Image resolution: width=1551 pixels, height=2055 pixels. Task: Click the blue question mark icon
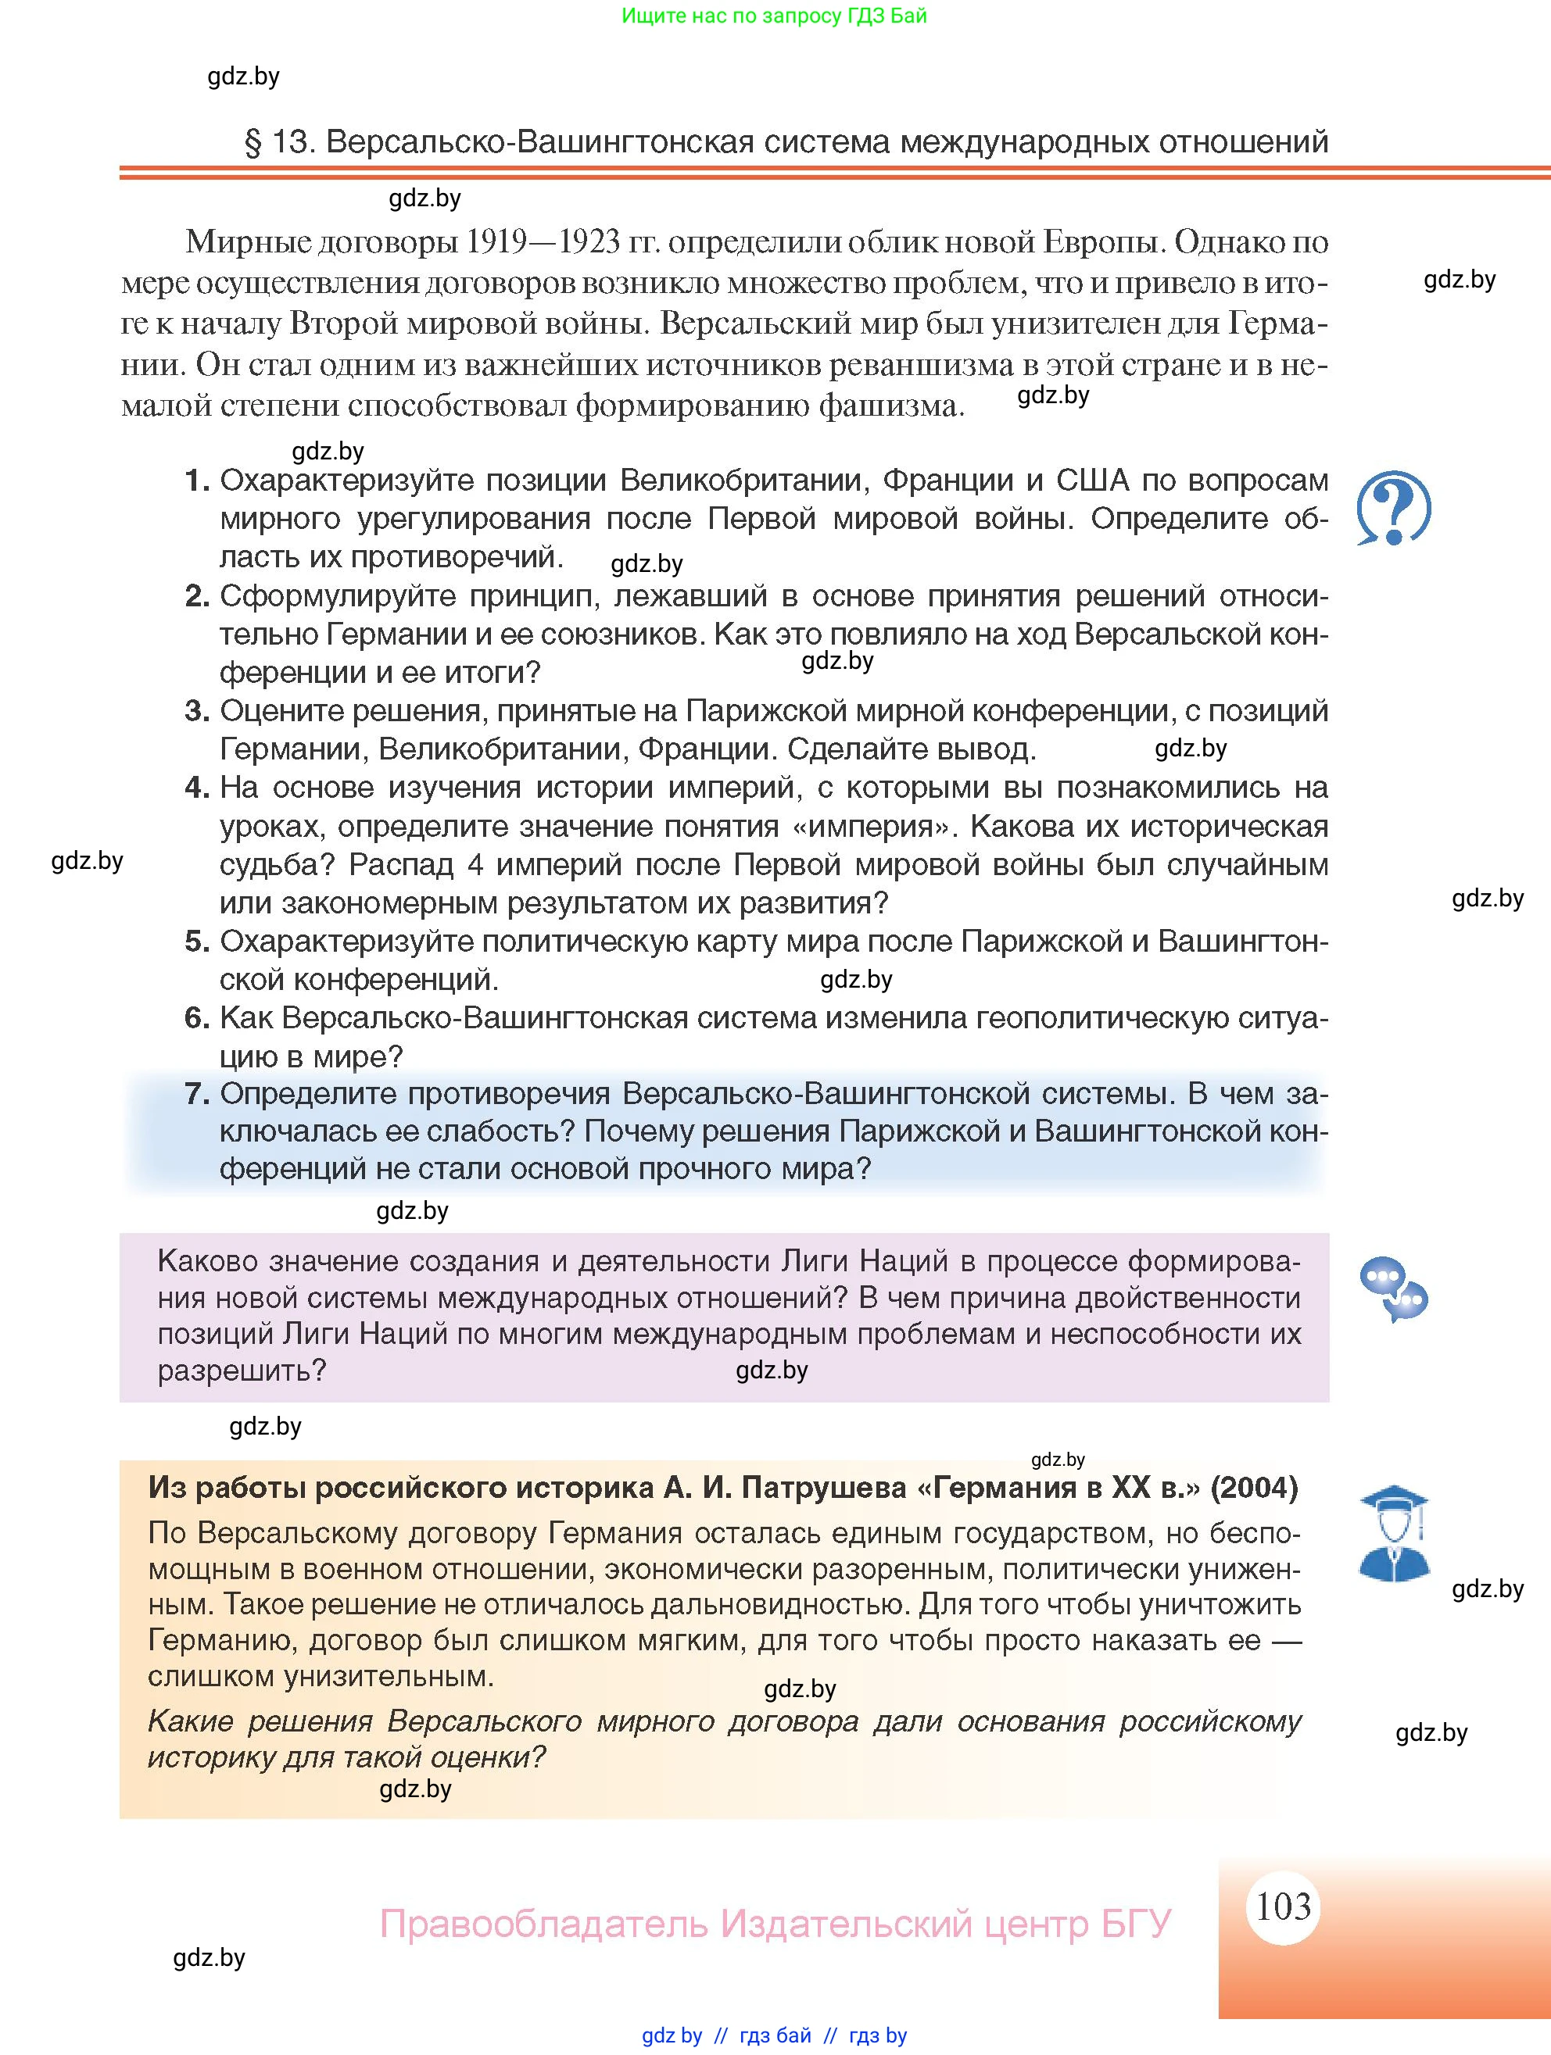click(1393, 508)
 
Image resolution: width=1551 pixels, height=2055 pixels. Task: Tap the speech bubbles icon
click(1393, 1289)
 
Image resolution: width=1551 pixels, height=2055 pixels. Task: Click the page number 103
click(1284, 1907)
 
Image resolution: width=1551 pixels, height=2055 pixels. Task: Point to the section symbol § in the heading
click(253, 142)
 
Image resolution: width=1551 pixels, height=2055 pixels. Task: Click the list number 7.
click(196, 1093)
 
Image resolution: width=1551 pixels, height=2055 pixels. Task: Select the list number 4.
click(196, 788)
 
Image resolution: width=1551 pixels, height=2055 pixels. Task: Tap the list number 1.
click(196, 481)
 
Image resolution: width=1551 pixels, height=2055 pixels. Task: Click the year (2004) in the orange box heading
click(1254, 1488)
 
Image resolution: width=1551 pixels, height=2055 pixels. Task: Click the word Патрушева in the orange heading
click(818, 1488)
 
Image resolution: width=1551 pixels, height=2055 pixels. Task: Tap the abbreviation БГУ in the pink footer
click(1136, 1923)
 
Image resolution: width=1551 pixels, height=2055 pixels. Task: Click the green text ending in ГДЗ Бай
click(774, 16)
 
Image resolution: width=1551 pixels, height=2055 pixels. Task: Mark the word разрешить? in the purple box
click(242, 1371)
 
